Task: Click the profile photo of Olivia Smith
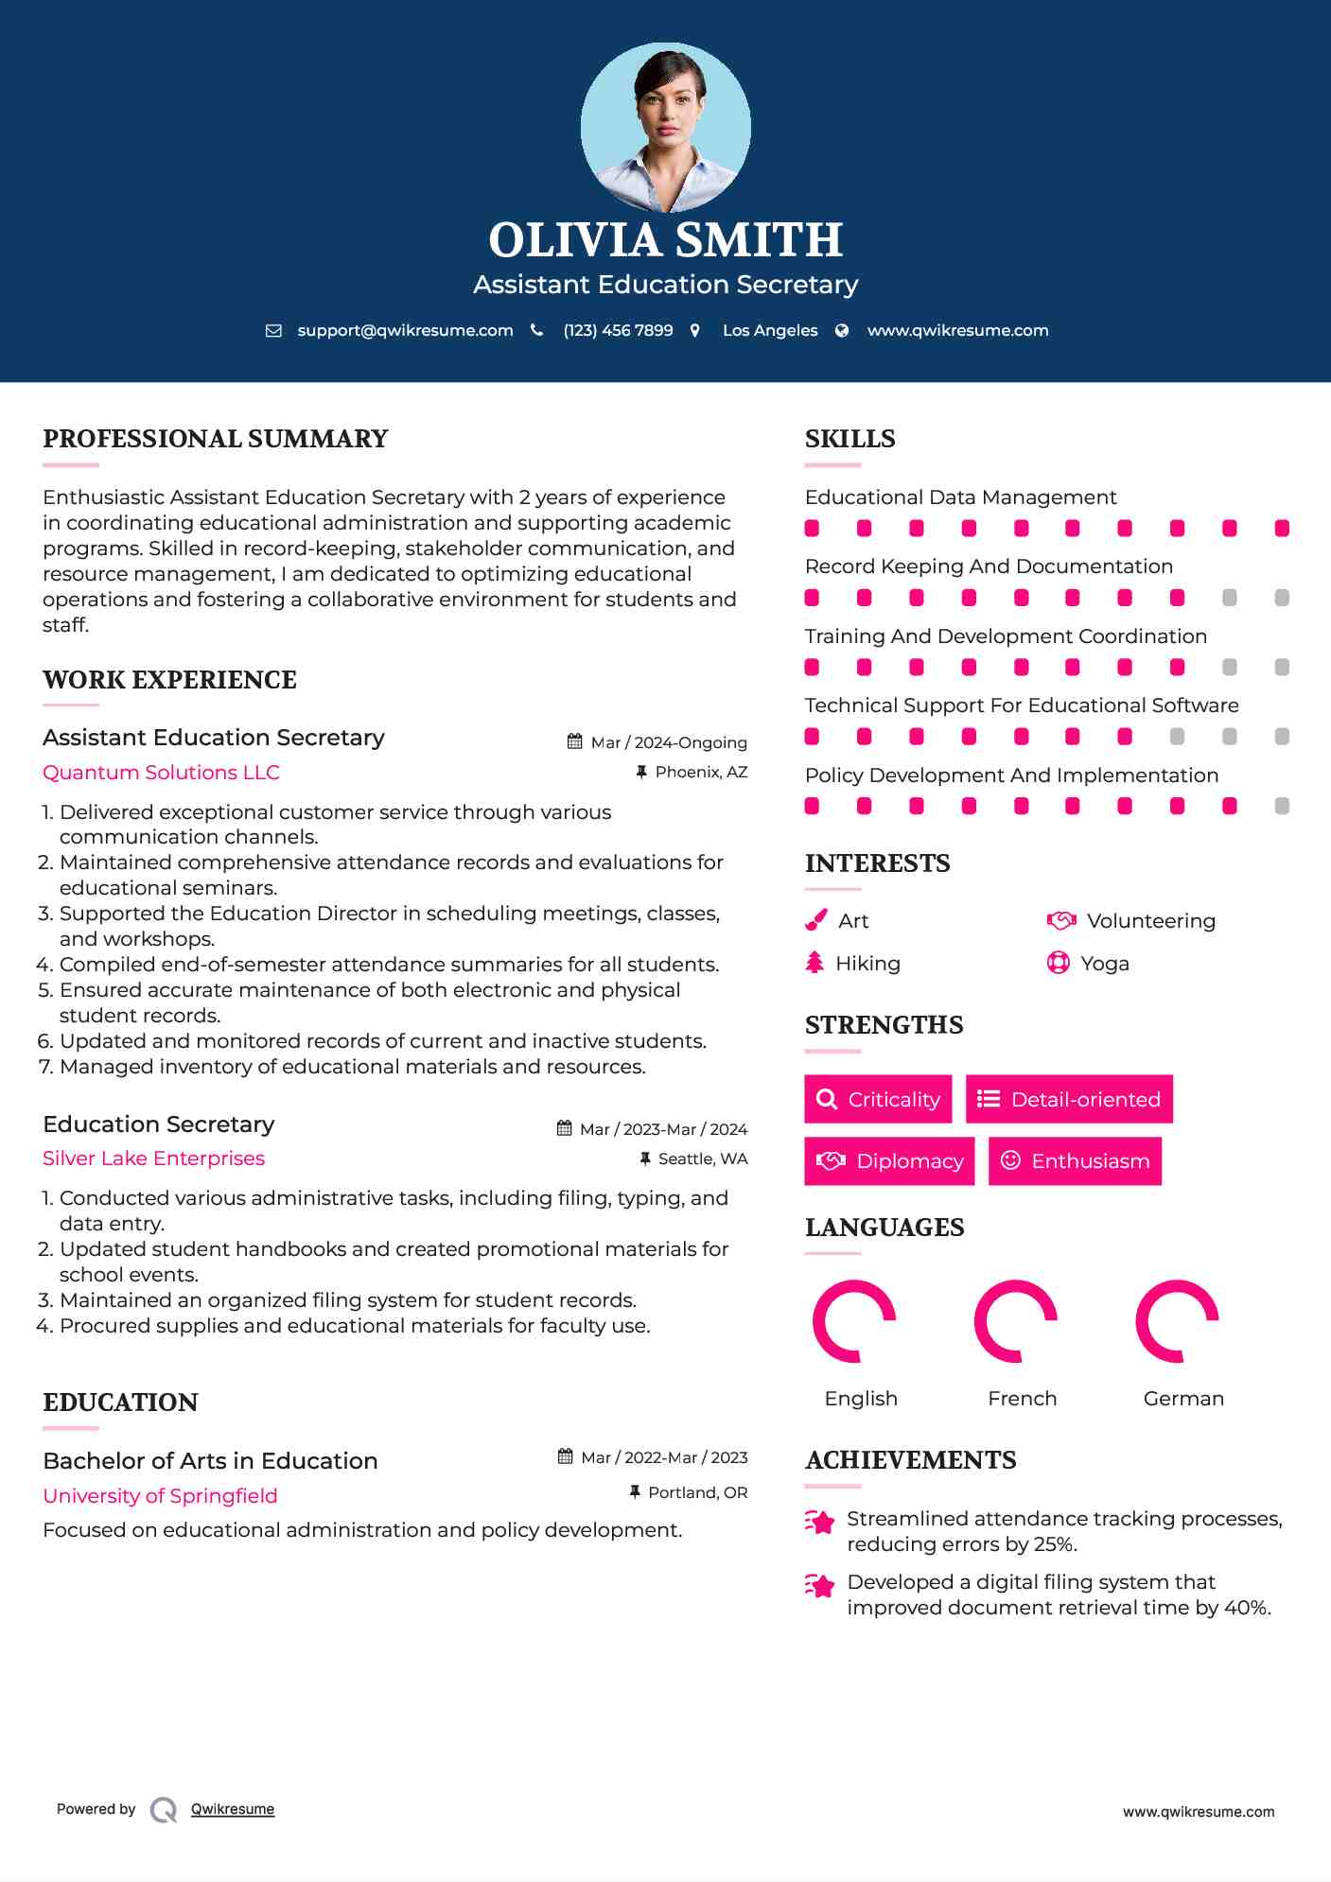[x=665, y=127]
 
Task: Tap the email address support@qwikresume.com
[x=405, y=330]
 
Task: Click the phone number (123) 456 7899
[x=618, y=330]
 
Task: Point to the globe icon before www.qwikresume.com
[x=842, y=330]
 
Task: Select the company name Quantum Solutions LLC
[x=161, y=772]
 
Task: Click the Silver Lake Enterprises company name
[x=153, y=1158]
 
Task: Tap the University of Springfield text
[x=160, y=1495]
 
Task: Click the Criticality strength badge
[x=878, y=1099]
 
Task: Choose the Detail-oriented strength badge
[x=1069, y=1099]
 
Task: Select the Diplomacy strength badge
[x=889, y=1160]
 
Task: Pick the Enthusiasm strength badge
[x=1075, y=1160]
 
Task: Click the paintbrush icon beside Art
[x=815, y=920]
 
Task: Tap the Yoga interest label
[x=1104, y=963]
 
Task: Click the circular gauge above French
[x=1015, y=1321]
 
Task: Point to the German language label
[x=1182, y=1398]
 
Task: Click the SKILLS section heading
[x=849, y=439]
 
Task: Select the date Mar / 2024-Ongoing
[x=668, y=742]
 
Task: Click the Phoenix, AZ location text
[x=701, y=772]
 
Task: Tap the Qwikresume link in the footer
[x=232, y=1808]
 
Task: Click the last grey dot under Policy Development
[x=1282, y=806]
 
